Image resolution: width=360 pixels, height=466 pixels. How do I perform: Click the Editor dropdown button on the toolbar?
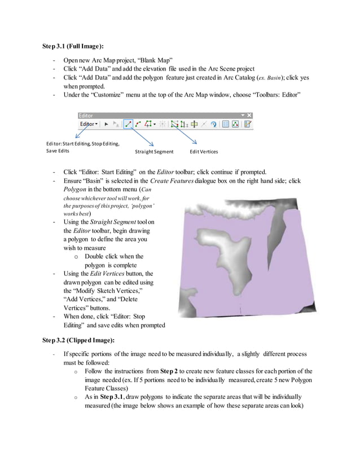pyautogui.click(x=89, y=123)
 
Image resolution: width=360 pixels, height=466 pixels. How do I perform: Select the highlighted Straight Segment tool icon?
pyautogui.click(x=128, y=123)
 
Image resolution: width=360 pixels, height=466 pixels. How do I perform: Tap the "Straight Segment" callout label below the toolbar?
pyautogui.click(x=154, y=152)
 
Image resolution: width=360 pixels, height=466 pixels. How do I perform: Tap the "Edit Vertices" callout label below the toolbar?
pyautogui.click(x=204, y=152)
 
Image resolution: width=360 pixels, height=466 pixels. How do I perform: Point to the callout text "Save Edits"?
pyautogui.click(x=58, y=151)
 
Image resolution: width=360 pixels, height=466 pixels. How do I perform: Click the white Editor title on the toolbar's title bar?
pyautogui.click(x=87, y=115)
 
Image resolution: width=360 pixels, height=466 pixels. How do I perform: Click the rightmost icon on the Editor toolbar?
pyautogui.click(x=247, y=123)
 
